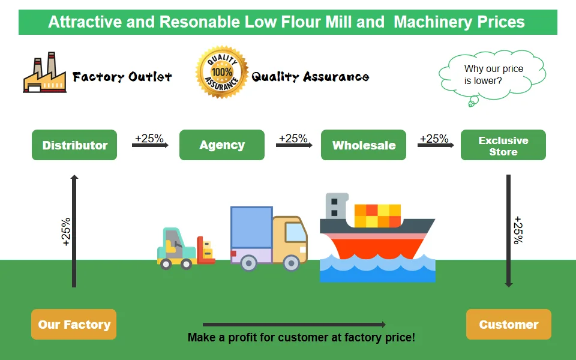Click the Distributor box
(74, 145)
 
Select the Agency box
(222, 145)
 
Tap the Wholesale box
(364, 145)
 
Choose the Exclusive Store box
(503, 145)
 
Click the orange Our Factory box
(74, 325)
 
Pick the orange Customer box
(509, 325)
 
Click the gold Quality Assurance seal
(221, 73)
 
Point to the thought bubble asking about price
(493, 74)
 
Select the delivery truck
(268, 238)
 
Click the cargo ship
(377, 237)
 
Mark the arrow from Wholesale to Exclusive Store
(434, 145)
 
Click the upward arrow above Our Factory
(74, 231)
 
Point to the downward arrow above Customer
(509, 231)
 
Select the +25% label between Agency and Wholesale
(293, 138)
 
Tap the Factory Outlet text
(122, 77)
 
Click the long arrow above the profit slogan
(294, 325)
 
